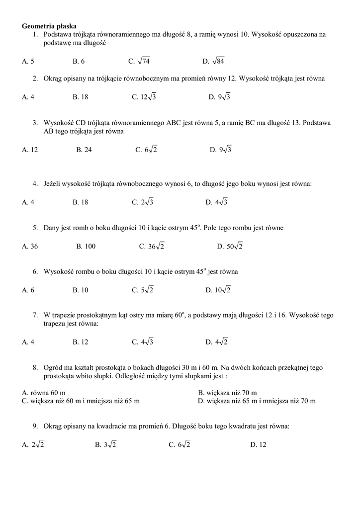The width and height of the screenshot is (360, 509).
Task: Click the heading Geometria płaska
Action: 49,26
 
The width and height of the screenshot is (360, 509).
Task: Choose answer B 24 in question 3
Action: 84,150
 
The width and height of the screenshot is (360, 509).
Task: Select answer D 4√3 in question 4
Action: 216,202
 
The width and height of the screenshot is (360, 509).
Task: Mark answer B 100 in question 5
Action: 86,246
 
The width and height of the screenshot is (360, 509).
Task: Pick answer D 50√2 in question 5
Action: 230,246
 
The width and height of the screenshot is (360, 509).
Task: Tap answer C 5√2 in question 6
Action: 143,290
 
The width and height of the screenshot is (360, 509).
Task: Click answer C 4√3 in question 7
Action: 143,342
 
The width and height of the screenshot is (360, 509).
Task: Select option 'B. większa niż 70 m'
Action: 227,393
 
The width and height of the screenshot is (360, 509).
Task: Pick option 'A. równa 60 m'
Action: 44,393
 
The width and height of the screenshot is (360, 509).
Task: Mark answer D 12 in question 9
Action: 258,445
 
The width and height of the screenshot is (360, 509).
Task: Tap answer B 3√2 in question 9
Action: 105,445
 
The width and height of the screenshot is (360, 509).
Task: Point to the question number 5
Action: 35,228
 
